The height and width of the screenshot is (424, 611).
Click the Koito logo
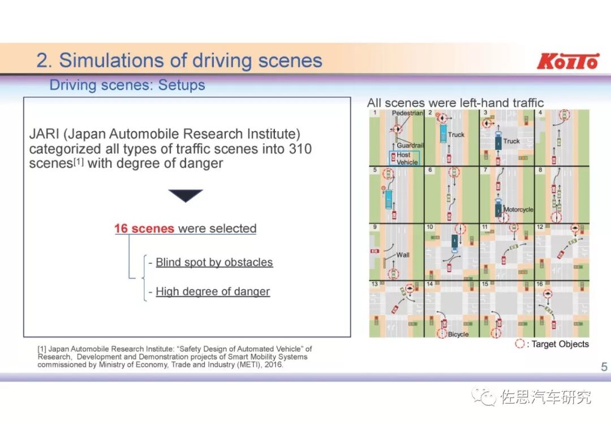[x=567, y=61]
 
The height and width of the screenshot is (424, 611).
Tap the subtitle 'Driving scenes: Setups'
[x=127, y=85]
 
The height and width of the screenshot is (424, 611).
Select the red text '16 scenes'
[x=144, y=228]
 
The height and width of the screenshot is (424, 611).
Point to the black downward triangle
[x=186, y=196]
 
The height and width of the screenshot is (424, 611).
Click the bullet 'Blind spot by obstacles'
[x=214, y=262]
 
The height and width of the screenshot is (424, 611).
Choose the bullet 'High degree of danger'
[x=213, y=292]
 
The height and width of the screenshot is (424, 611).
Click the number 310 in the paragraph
[x=299, y=149]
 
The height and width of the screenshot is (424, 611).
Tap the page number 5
[x=604, y=367]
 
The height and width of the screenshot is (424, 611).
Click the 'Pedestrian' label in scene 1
[x=407, y=113]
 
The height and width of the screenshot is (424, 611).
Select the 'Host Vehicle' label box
[x=404, y=158]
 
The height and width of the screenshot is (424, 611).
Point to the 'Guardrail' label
[x=410, y=145]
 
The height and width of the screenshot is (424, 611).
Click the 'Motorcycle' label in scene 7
[x=518, y=210]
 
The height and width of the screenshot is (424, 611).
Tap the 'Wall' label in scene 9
[x=403, y=255]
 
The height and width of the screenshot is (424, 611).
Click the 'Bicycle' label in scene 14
[x=458, y=335]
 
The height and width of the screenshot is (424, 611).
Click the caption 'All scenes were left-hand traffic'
[x=455, y=103]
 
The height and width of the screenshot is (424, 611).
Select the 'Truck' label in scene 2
[x=456, y=135]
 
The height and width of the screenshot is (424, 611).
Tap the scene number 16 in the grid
[x=540, y=284]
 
